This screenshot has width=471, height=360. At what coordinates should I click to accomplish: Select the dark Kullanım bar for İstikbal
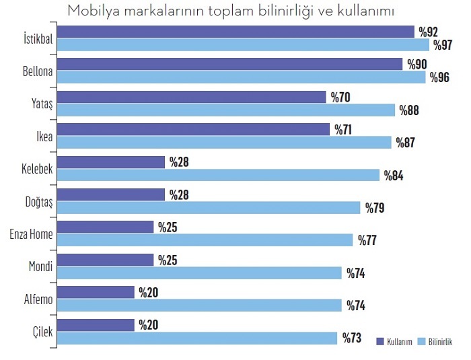click(x=235, y=32)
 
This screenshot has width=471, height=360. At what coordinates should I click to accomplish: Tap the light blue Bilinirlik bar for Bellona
click(x=242, y=77)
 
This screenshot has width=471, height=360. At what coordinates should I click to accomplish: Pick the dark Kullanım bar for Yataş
click(x=191, y=97)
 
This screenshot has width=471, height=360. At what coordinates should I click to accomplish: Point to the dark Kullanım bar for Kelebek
click(x=111, y=162)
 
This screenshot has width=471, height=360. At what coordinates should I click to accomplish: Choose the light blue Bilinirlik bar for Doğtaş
click(x=209, y=207)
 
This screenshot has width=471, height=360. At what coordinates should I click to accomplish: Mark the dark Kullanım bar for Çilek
click(x=96, y=325)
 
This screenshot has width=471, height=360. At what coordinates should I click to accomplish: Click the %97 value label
click(x=443, y=45)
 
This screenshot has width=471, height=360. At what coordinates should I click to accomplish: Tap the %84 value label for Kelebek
click(x=394, y=176)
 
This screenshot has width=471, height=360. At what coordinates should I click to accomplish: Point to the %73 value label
click(x=352, y=338)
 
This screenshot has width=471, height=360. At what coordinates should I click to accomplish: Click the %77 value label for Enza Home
click(x=367, y=240)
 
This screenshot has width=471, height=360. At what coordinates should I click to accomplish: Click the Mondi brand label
click(x=40, y=266)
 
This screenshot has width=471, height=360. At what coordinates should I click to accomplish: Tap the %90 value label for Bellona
click(x=416, y=64)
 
